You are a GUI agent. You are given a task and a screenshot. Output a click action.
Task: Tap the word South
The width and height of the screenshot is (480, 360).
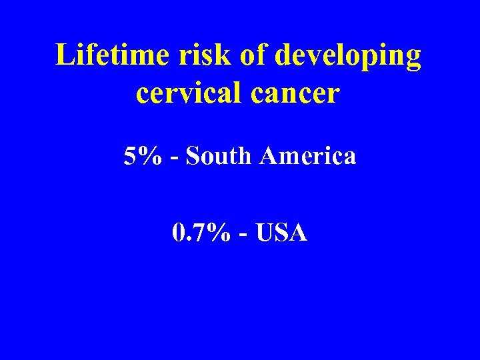[219, 156]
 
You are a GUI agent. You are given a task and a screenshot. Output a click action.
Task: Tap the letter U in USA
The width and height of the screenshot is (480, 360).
[263, 233]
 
